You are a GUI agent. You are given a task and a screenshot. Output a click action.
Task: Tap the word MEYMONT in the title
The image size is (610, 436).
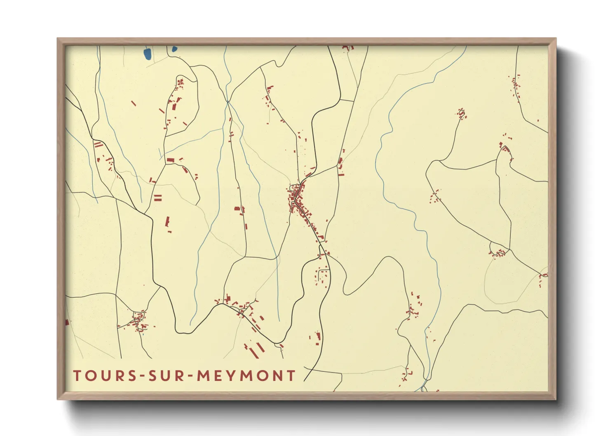tap(246, 375)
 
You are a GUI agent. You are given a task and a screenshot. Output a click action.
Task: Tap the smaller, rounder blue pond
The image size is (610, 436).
tap(174, 49)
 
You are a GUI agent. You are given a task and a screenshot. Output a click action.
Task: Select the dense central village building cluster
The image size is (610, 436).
tap(298, 198)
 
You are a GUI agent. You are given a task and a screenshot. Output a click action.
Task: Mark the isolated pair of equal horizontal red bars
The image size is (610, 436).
tap(157, 198)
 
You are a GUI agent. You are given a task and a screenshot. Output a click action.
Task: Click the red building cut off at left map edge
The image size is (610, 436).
tap(67, 322)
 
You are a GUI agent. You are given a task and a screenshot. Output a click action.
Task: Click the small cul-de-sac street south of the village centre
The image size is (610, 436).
tap(324, 274)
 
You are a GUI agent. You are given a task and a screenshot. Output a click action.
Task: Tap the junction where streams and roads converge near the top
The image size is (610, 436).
tap(228, 101)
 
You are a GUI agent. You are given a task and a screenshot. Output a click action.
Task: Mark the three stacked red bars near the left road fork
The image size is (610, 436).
tap(98, 145)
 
